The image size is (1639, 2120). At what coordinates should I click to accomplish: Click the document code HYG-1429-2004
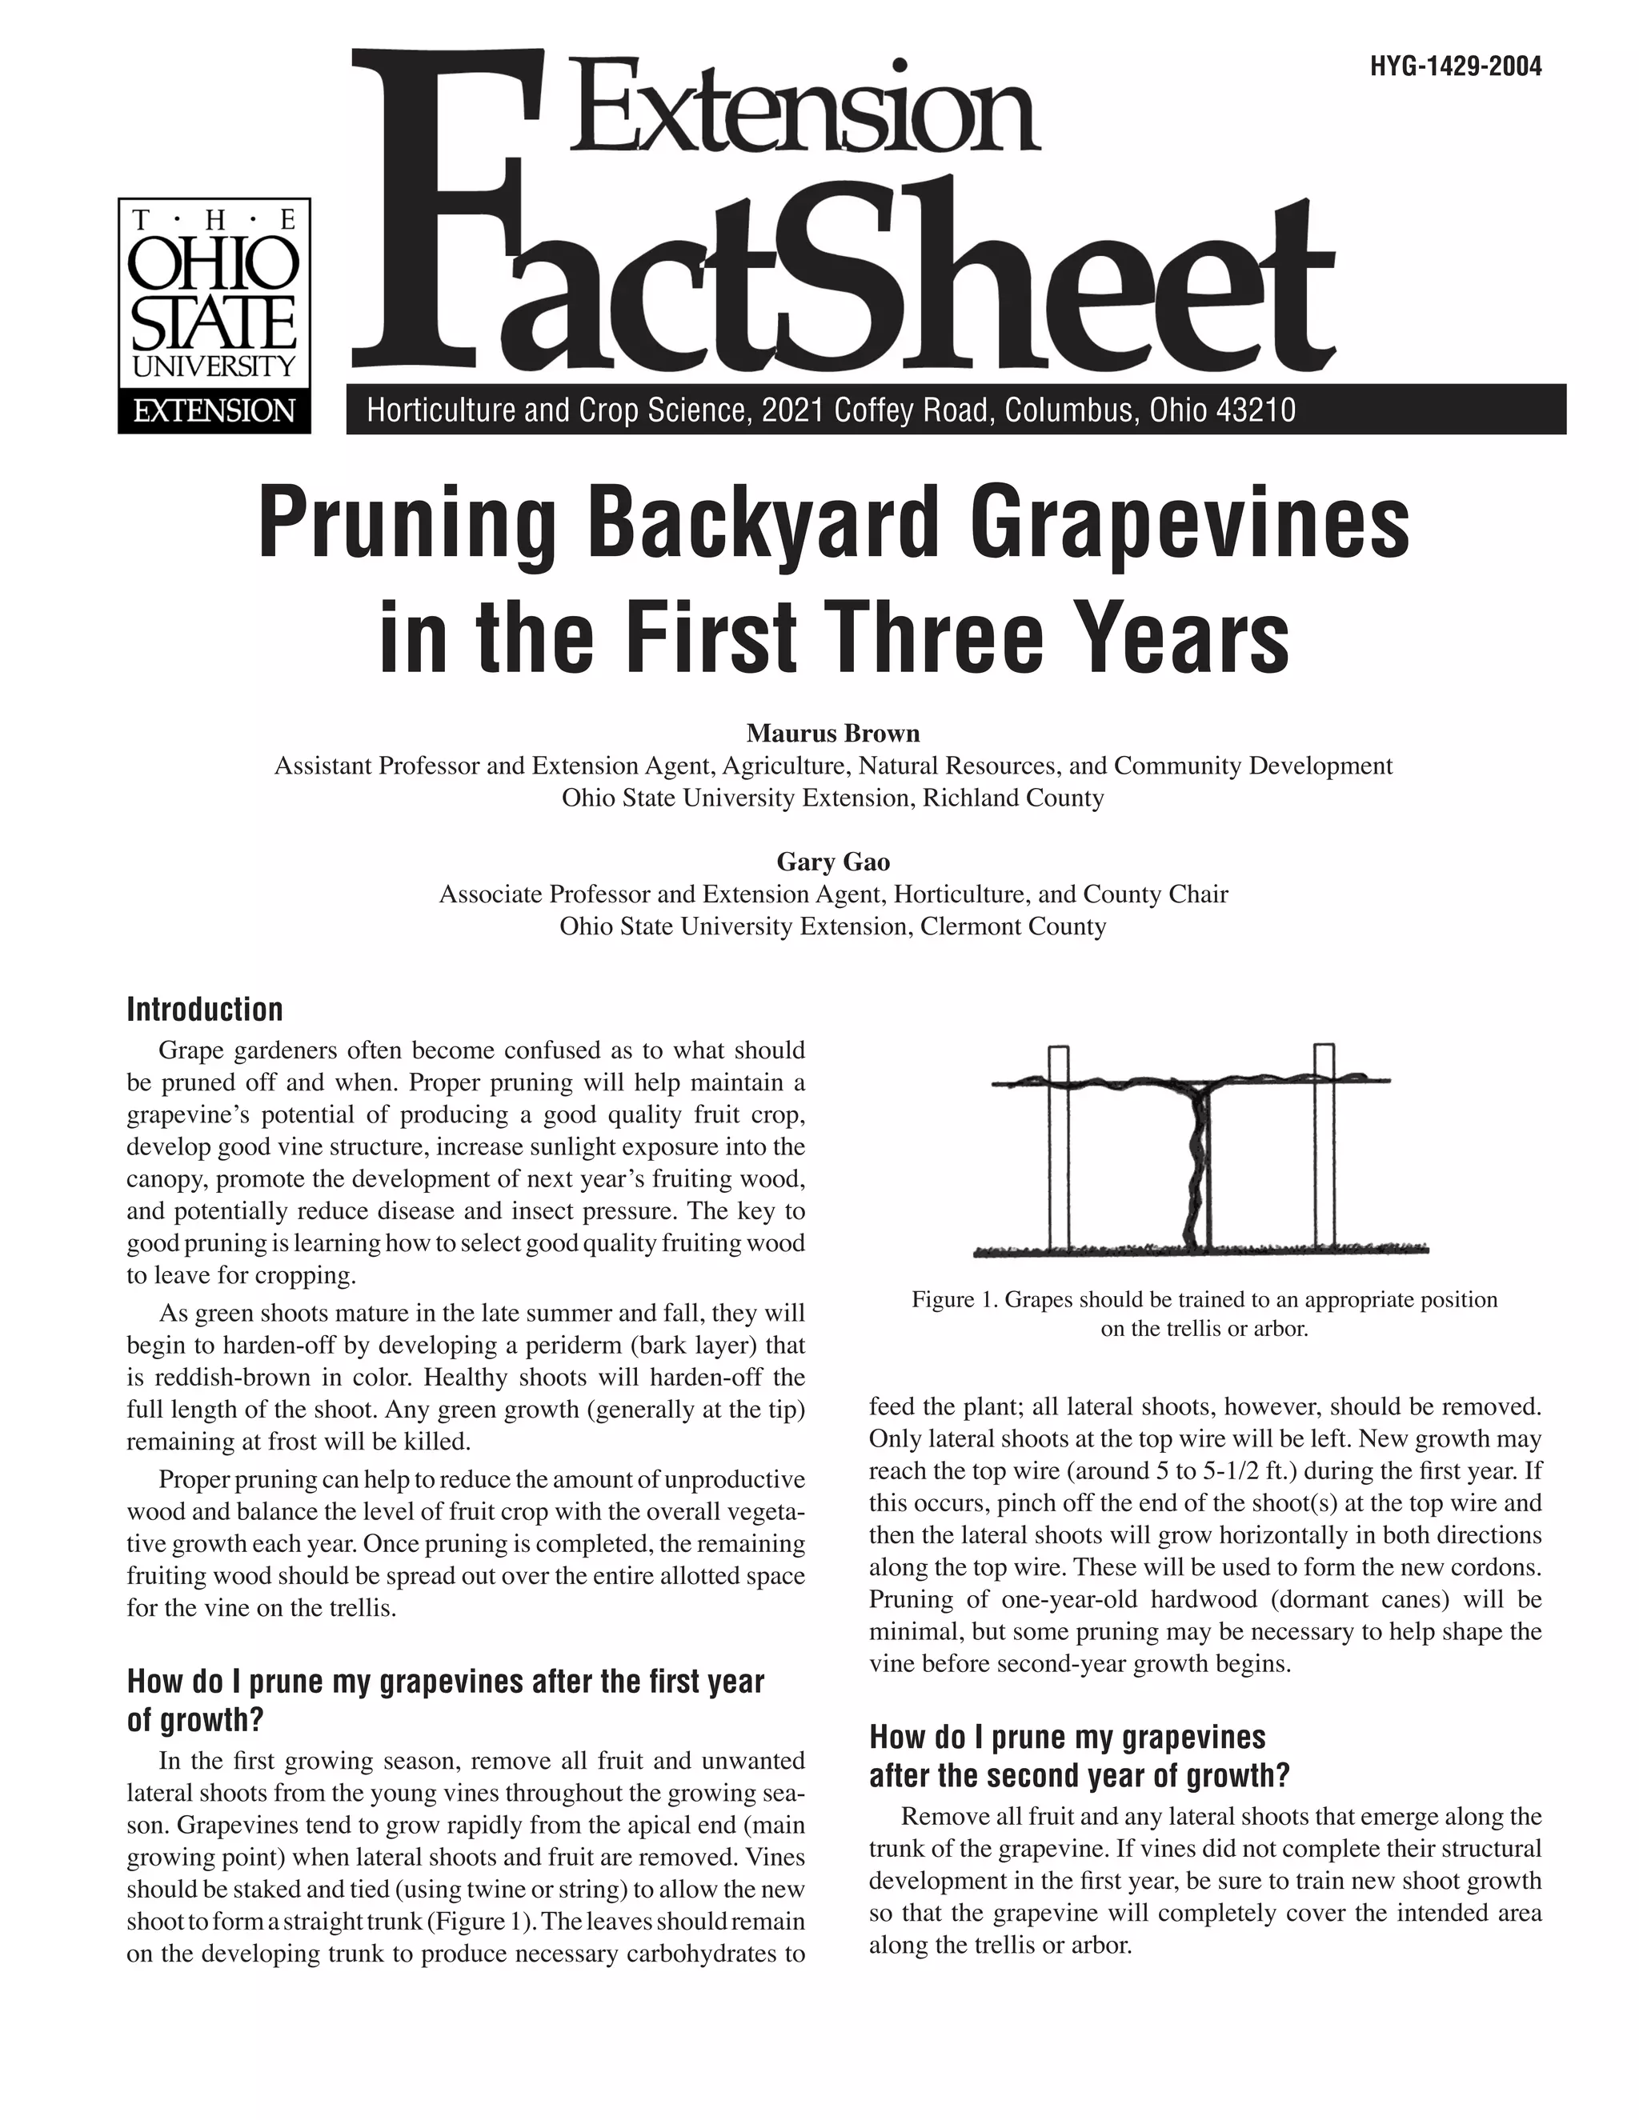point(1456,67)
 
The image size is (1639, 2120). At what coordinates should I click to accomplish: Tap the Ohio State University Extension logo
point(214,315)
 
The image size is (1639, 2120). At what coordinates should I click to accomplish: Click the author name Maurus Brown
point(832,733)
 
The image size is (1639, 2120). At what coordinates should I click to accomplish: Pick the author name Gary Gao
point(832,861)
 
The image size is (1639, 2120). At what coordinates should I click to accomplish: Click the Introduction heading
point(205,1010)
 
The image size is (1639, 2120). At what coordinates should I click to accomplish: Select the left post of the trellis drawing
point(1058,1150)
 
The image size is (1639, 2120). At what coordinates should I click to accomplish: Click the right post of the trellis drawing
point(1324,1150)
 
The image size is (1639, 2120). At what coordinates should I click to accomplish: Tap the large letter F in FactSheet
point(437,214)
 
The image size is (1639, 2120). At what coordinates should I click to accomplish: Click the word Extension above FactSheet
point(806,106)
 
